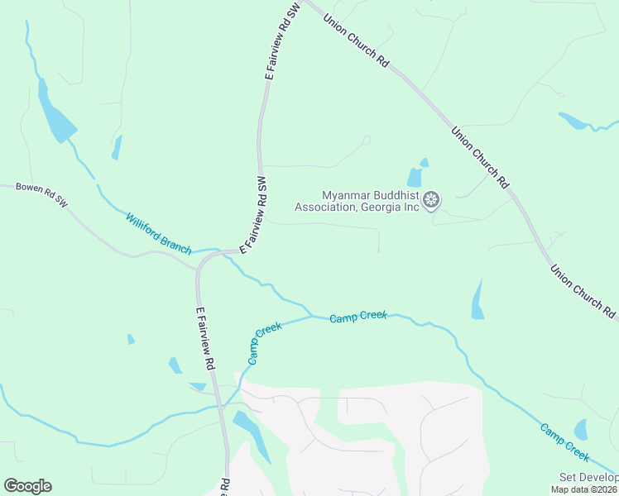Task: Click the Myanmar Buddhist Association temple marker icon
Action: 431,199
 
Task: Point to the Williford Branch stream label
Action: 158,233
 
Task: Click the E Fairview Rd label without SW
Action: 205,339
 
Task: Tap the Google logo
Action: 27,485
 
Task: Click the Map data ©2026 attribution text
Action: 584,489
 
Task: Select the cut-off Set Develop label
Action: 588,478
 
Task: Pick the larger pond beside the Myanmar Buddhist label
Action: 415,177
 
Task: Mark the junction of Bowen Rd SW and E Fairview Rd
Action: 198,267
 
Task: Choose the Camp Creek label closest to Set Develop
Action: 564,441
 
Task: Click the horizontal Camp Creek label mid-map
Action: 357,317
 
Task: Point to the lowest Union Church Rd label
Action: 584,291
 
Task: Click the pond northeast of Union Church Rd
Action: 573,121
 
